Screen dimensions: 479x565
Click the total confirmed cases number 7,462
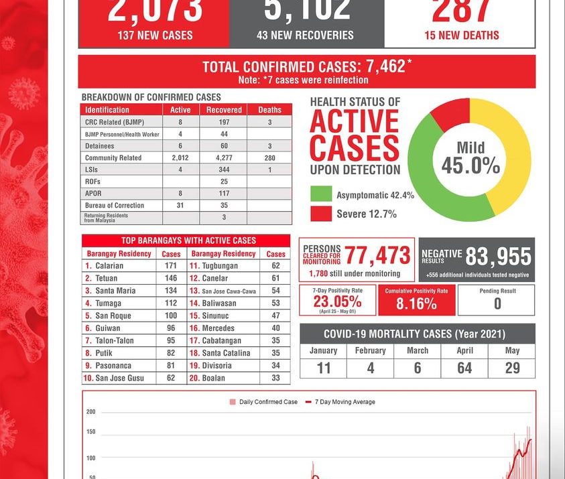[385, 66]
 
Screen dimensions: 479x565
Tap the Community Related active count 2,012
[180, 158]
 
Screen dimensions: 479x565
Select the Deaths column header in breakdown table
[269, 110]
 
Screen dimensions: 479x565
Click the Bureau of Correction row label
[115, 206]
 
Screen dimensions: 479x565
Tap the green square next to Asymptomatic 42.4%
[320, 195]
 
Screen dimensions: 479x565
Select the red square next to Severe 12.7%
[320, 214]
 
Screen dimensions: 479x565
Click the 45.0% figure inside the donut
[470, 165]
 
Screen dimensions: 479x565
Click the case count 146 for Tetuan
[171, 278]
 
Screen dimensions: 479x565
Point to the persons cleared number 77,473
[377, 255]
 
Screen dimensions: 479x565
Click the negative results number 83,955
[498, 256]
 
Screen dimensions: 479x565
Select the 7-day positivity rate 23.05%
[337, 301]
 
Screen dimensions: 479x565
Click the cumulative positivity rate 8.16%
[416, 303]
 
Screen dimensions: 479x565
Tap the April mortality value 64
[464, 368]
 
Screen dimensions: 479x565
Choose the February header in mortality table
[370, 351]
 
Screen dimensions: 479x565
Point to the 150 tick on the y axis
[91, 432]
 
